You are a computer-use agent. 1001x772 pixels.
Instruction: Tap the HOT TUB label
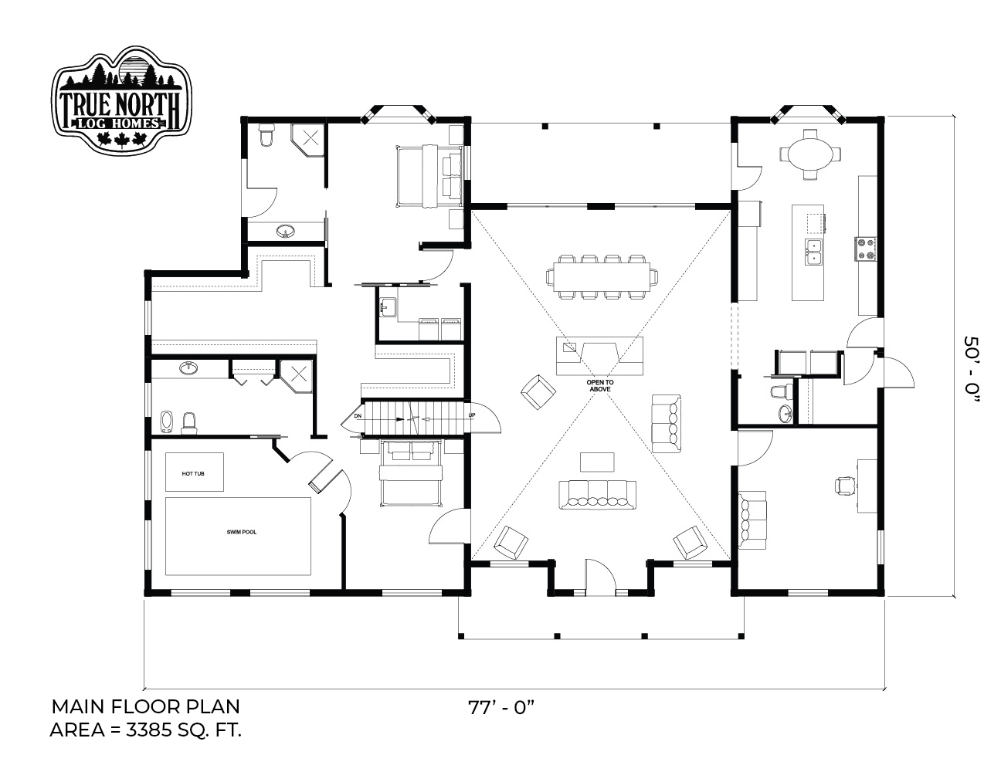click(193, 474)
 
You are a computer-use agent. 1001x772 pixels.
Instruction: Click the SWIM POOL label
click(242, 532)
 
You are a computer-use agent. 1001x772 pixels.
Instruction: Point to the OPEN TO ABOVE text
click(600, 386)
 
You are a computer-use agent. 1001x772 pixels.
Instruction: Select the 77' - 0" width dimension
click(500, 707)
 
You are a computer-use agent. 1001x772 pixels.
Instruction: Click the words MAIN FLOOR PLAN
click(145, 706)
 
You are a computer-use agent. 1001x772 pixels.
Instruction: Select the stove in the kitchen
click(866, 249)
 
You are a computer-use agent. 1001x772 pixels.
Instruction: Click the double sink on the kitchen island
click(814, 252)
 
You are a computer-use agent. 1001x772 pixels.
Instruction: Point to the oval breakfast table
click(809, 154)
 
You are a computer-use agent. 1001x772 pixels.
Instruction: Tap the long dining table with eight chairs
click(602, 276)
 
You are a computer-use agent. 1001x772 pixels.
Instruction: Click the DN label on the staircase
click(358, 416)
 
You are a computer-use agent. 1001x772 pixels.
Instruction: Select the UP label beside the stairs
click(472, 415)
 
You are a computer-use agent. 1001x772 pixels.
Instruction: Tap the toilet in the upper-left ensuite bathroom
click(266, 134)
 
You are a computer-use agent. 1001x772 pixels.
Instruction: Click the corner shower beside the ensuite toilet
click(307, 141)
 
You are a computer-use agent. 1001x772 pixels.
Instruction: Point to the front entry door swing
click(601, 574)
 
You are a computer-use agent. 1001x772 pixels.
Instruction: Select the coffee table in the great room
click(597, 462)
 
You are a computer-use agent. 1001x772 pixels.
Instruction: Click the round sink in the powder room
click(785, 412)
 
